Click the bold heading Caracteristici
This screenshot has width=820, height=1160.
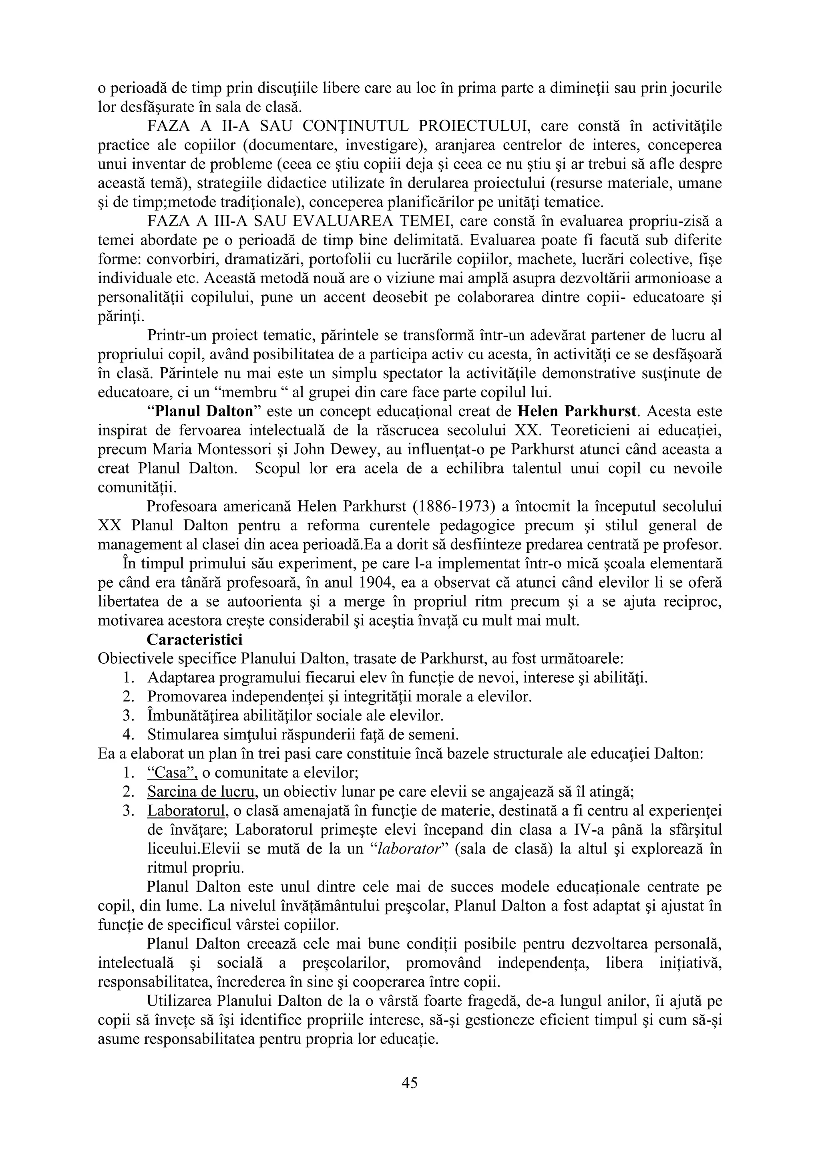(195, 639)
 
